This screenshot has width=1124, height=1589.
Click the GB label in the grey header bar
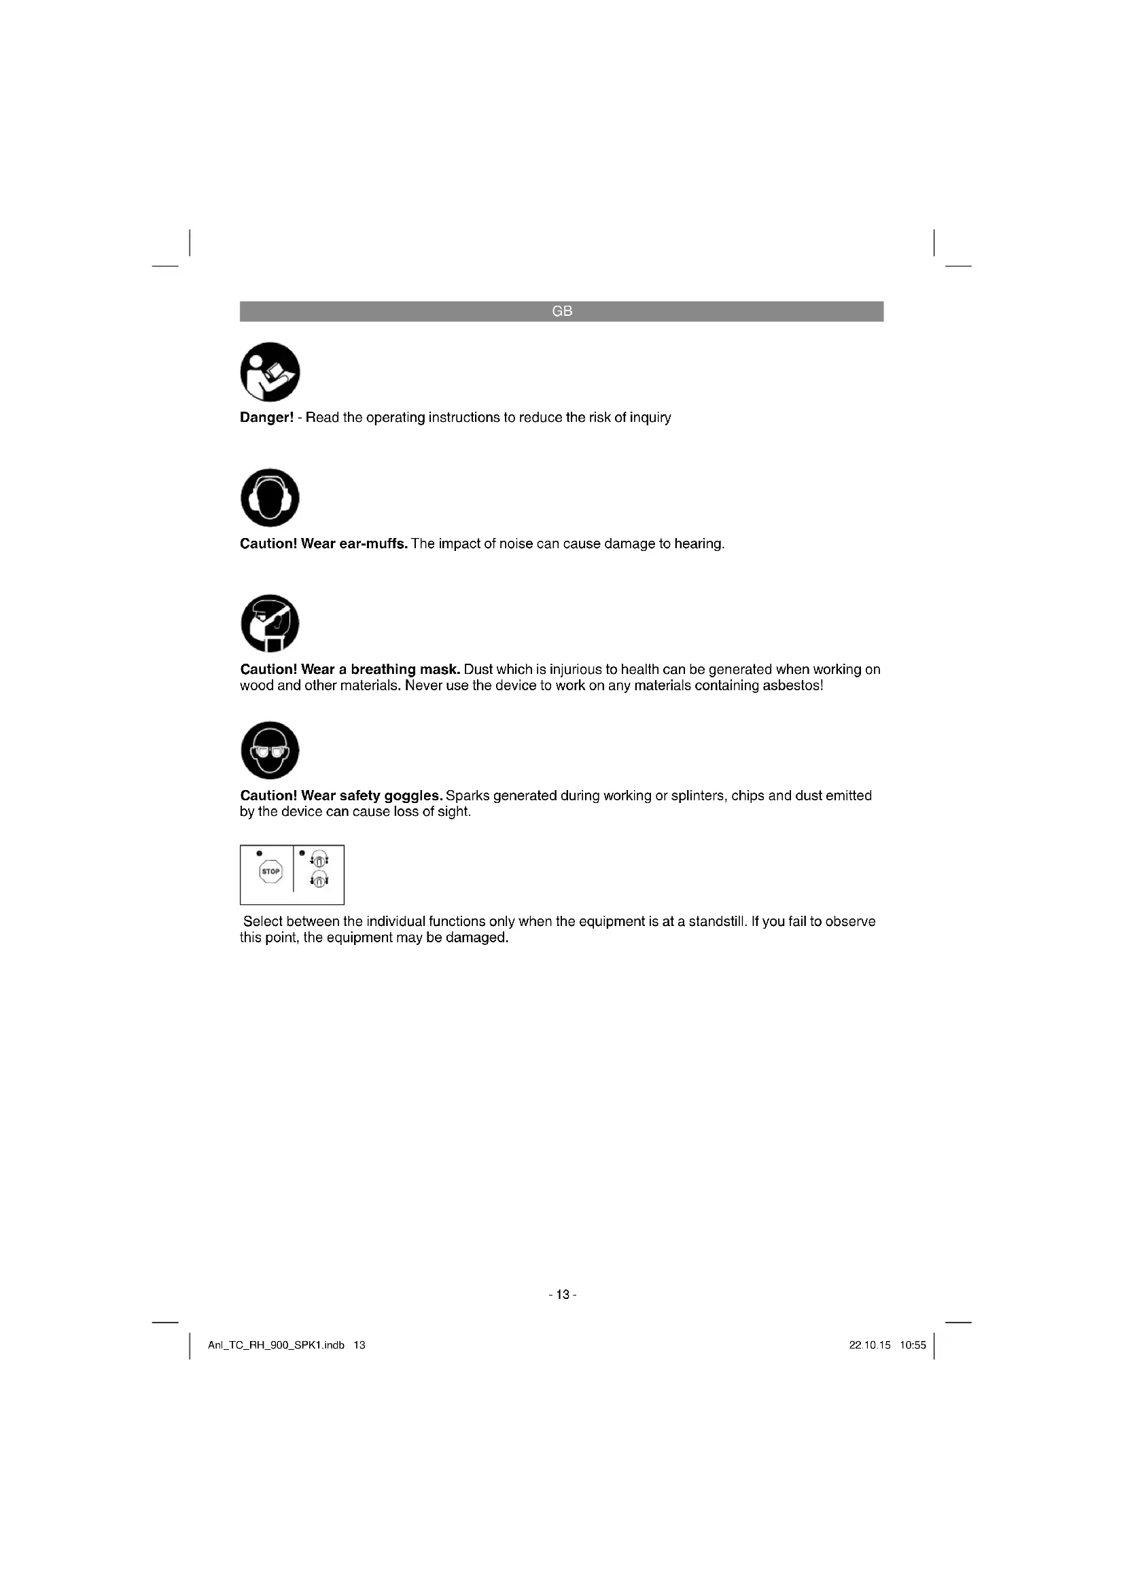tap(562, 311)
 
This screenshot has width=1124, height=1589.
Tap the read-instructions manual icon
tap(270, 372)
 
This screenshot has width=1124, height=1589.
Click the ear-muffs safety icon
tap(270, 497)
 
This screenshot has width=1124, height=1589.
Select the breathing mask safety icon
tap(270, 624)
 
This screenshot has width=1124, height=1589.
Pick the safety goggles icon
tap(270, 750)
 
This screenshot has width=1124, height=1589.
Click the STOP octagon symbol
tap(270, 872)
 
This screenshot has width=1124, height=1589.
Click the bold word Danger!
tap(266, 417)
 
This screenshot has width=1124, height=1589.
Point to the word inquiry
tap(650, 417)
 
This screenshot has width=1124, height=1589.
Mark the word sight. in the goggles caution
tap(454, 812)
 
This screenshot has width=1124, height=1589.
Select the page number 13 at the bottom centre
tap(562, 1295)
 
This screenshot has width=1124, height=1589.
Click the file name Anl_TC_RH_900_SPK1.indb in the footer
tap(276, 1345)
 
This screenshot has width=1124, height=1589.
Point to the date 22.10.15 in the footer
tap(869, 1345)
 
